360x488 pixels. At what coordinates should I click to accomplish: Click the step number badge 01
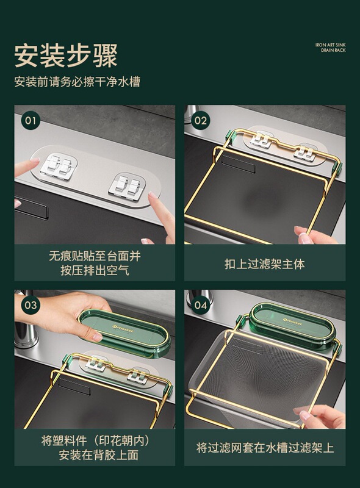coord(31,120)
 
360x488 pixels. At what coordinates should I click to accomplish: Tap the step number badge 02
coord(201,120)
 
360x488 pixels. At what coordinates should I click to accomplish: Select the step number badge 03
coord(31,304)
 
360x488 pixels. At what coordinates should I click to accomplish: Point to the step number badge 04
coord(201,304)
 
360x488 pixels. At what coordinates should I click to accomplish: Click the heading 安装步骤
coord(66,56)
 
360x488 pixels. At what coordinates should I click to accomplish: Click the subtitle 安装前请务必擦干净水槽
coord(77,82)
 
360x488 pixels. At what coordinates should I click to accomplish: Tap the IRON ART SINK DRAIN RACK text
coord(330,48)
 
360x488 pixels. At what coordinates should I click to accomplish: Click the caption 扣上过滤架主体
coord(265,264)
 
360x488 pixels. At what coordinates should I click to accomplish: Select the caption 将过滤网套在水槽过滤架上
coord(265,448)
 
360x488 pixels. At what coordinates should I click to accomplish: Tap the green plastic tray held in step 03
coord(124,332)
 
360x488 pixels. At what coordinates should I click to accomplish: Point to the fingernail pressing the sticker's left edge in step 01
coord(35,160)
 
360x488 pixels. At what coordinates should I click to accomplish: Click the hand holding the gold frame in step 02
coord(314,235)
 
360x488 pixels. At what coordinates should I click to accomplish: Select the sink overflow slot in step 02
coord(238,163)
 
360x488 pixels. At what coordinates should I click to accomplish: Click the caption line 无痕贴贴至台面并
coord(95,256)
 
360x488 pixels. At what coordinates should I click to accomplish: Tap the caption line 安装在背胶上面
coord(99,455)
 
